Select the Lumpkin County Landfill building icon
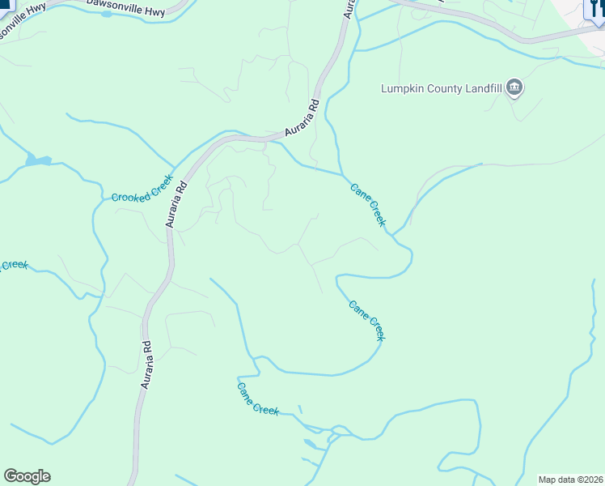[514, 87]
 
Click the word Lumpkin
[402, 88]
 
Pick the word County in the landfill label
[444, 88]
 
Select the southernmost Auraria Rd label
[146, 364]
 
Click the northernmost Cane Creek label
[368, 204]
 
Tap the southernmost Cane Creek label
[258, 399]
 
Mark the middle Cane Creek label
[366, 320]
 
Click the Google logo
[27, 476]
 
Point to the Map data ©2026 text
[571, 479]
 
